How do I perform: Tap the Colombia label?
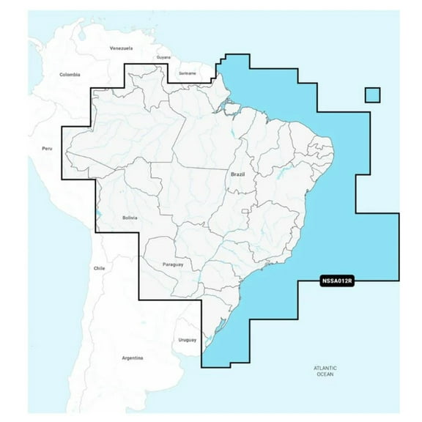(70, 74)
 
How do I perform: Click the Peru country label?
(48, 149)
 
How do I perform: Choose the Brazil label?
(237, 174)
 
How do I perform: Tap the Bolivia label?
(131, 218)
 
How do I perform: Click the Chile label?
(100, 269)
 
